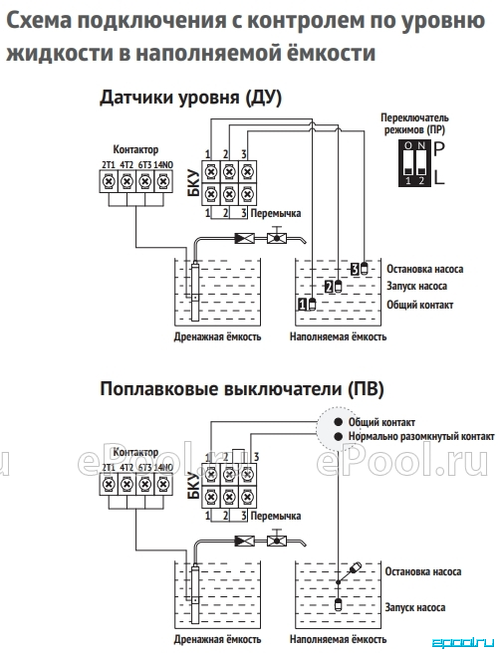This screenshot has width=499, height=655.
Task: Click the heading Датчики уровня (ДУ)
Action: click(190, 98)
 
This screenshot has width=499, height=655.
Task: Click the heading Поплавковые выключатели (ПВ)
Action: click(242, 389)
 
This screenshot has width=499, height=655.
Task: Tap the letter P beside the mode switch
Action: click(438, 148)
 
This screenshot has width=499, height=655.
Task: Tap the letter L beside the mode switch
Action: click(439, 178)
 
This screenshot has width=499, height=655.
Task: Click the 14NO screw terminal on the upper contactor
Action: click(163, 182)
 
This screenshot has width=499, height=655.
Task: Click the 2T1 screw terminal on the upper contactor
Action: click(109, 182)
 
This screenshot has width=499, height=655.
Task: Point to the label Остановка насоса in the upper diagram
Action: click(424, 269)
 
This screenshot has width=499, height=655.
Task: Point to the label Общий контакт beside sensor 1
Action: click(419, 305)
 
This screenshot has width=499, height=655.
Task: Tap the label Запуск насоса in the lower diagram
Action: click(415, 607)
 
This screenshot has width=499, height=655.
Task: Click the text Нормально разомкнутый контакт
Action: click(421, 437)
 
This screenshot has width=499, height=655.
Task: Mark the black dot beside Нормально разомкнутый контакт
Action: click(339, 437)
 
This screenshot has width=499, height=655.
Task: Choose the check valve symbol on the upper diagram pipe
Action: click(245, 239)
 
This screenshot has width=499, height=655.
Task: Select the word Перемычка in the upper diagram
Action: click(276, 213)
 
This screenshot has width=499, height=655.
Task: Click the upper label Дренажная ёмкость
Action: click(217, 336)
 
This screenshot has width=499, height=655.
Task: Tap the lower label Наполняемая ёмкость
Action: click(338, 639)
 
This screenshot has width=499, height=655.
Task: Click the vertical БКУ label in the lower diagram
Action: click(193, 486)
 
